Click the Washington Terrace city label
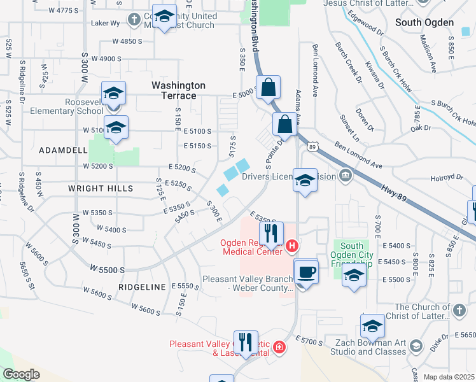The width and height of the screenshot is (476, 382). [x=178, y=90]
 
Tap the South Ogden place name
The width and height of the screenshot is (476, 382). [x=424, y=22]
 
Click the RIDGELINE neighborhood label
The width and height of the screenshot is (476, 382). [x=142, y=288]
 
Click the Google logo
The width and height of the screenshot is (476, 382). [x=21, y=374]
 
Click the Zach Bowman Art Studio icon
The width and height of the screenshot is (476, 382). [x=416, y=346]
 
